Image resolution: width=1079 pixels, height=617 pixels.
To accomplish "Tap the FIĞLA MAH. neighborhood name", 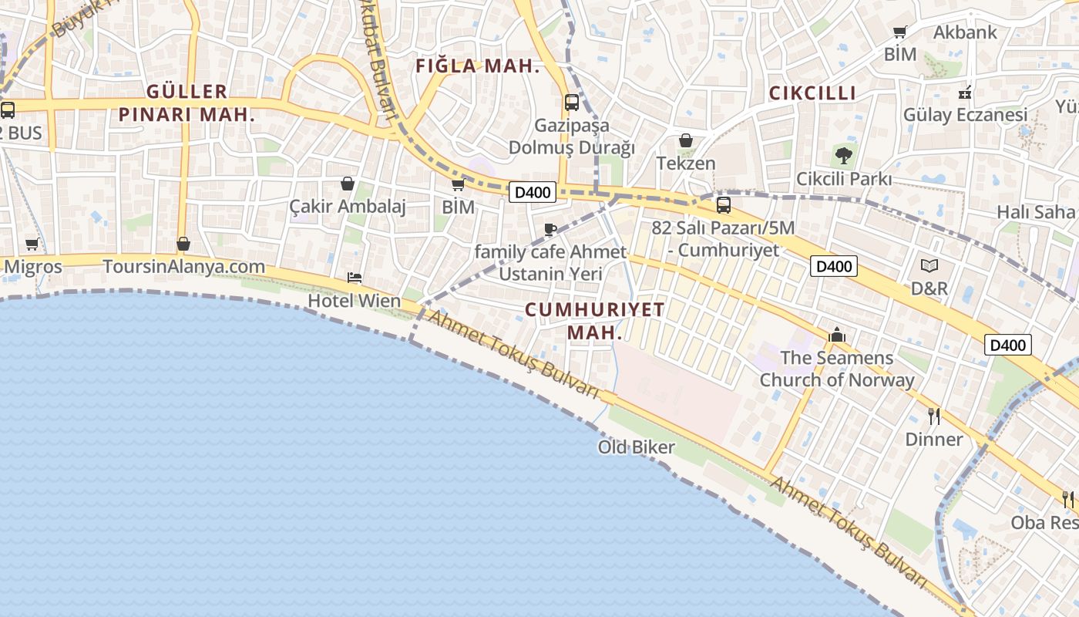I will tap(478, 66).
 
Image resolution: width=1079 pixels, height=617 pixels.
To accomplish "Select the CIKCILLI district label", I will tap(812, 93).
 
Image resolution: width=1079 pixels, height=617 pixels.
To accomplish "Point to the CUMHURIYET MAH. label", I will tap(594, 321).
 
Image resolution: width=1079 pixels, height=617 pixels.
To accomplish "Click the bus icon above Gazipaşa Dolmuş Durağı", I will tap(572, 103).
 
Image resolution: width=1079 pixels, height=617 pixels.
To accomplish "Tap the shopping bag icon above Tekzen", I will tap(686, 141).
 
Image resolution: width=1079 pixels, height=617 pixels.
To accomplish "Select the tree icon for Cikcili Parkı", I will tap(844, 156).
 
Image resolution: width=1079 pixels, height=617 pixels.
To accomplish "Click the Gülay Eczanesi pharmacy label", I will tap(965, 115).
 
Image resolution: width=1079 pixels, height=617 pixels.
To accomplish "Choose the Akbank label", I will tap(965, 32).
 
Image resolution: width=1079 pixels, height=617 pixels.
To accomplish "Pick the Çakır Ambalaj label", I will tap(348, 207).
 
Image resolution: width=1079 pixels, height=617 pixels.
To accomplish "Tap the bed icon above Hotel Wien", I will tap(355, 278).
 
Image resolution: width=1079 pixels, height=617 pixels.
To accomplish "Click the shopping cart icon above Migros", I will tap(32, 244).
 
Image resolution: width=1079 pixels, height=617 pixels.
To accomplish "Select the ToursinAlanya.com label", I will tap(183, 267).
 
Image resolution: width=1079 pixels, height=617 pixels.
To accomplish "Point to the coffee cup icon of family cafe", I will tap(550, 229).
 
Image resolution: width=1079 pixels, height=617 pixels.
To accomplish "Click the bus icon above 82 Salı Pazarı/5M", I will tap(723, 205).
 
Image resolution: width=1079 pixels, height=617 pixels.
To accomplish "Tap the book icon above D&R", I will tap(929, 266).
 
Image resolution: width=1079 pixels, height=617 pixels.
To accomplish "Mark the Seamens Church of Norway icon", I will tap(837, 335).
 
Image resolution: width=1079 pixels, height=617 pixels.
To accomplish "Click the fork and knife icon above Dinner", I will tap(934, 416).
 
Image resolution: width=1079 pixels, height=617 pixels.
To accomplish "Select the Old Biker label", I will tap(637, 447).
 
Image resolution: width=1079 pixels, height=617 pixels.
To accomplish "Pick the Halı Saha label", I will tap(1035, 212).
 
